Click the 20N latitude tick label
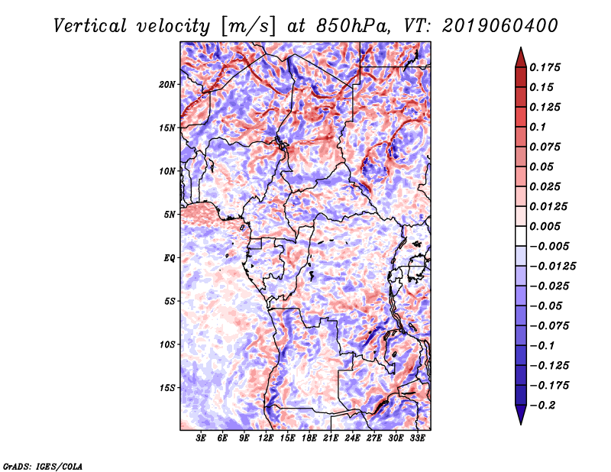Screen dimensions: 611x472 [167, 85]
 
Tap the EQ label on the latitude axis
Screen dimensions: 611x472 [169, 258]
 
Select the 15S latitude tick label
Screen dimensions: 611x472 [167, 388]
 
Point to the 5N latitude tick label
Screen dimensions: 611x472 [170, 215]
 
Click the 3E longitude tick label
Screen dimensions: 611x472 [201, 438]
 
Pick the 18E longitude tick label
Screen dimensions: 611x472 [309, 438]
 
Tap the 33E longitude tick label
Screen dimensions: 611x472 [417, 438]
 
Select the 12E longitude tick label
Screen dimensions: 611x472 [266, 438]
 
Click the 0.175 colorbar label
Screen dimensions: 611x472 [545, 67]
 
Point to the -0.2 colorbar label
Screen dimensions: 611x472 [542, 406]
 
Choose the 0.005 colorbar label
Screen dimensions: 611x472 [545, 226]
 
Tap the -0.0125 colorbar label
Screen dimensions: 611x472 [552, 267]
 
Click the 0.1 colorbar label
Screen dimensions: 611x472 [538, 127]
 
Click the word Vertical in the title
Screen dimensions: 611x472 [90, 27]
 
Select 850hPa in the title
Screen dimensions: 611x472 [352, 27]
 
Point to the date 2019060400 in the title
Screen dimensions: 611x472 [500, 26]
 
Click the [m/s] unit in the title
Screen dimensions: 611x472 [247, 27]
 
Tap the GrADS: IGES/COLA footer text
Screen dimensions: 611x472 [43, 467]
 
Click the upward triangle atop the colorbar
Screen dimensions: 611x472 [521, 57]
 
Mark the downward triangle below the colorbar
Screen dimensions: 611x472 [521, 415]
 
